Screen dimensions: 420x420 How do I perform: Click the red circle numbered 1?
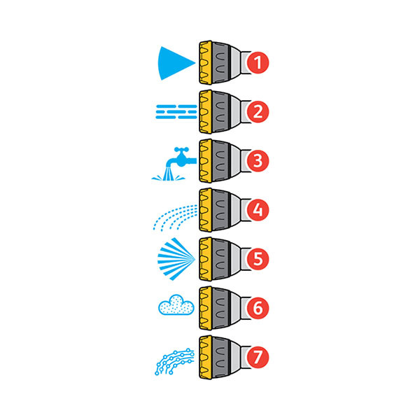[258, 63]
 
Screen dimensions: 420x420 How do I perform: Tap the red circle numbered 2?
[258, 112]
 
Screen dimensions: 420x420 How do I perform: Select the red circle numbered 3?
[258, 161]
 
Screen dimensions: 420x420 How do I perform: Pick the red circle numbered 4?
[258, 210]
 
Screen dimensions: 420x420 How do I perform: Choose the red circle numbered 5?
[258, 259]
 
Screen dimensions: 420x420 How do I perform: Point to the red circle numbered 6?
[258, 308]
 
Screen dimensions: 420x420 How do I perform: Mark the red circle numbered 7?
[258, 357]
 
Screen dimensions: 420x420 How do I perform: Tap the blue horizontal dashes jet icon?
[176, 112]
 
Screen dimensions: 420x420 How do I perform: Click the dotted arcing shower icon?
[175, 218]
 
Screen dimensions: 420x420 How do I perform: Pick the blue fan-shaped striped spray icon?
[176, 259]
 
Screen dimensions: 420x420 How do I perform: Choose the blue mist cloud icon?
[176, 305]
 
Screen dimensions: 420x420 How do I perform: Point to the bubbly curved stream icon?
[174, 361]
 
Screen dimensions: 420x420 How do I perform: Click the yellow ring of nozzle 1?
[206, 62]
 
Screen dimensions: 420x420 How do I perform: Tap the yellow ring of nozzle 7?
[206, 357]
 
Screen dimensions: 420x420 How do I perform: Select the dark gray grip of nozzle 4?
[220, 210]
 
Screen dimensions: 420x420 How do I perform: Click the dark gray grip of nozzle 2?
[220, 112]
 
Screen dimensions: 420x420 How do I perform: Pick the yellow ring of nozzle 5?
[206, 259]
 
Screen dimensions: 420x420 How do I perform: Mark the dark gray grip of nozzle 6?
[220, 308]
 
